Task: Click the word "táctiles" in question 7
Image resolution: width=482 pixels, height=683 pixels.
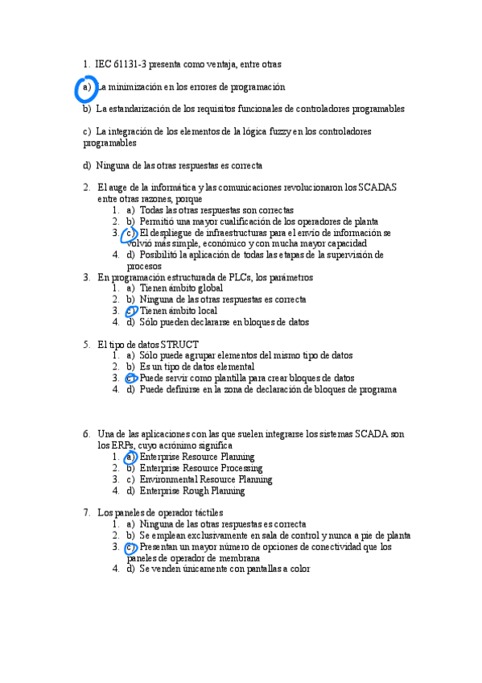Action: click(206, 512)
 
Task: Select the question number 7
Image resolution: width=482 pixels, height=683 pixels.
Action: click(86, 512)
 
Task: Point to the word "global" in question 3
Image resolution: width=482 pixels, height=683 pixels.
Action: click(206, 288)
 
